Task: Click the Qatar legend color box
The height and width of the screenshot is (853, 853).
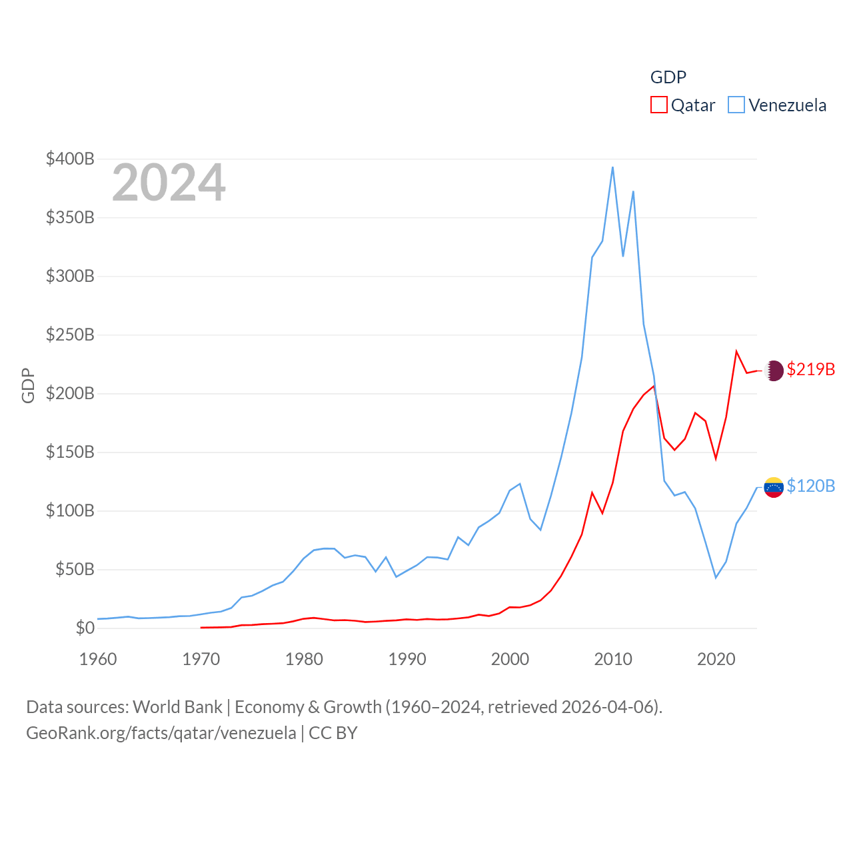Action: click(658, 105)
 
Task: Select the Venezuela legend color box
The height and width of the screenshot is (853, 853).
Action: click(736, 105)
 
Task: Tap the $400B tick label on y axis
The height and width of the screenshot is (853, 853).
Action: click(70, 159)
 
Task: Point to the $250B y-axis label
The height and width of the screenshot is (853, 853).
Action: click(70, 335)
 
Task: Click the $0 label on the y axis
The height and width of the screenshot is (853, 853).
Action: click(85, 628)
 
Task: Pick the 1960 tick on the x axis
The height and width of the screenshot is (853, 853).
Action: click(98, 659)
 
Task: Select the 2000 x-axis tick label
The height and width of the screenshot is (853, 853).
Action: click(510, 659)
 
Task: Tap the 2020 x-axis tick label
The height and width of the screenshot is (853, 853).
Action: click(716, 659)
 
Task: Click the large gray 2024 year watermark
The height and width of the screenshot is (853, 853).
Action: click(169, 183)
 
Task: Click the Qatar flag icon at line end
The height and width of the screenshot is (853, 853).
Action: click(774, 371)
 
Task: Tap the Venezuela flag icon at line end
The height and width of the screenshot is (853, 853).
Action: click(774, 487)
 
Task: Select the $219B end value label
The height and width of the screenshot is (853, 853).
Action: click(810, 369)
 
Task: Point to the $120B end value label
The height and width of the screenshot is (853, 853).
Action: click(810, 486)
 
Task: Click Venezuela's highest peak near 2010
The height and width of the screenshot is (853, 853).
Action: click(612, 167)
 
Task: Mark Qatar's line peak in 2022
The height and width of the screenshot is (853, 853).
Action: click(736, 351)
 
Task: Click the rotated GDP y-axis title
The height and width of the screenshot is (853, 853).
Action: click(28, 385)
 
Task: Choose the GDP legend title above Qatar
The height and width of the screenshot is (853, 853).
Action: click(668, 77)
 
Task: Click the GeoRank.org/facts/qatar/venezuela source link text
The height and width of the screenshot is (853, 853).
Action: click(161, 733)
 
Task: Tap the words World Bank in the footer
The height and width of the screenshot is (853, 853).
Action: click(177, 706)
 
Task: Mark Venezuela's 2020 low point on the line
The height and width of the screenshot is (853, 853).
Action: click(716, 577)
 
